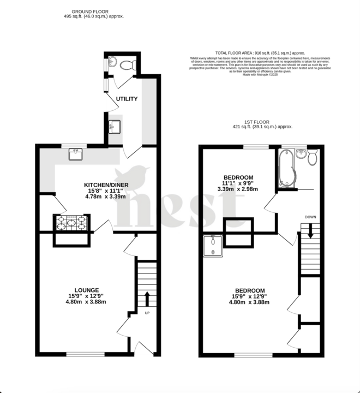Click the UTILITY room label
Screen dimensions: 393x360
pos(126,99)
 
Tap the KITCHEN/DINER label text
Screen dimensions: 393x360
pos(106,185)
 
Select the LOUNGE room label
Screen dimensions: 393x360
pos(87,290)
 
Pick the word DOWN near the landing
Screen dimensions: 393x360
pos(310,217)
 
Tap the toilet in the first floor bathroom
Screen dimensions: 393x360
pos(312,158)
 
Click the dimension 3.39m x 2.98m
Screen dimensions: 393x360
pos(237,189)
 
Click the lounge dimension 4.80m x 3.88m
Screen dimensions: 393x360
pos(87,302)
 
